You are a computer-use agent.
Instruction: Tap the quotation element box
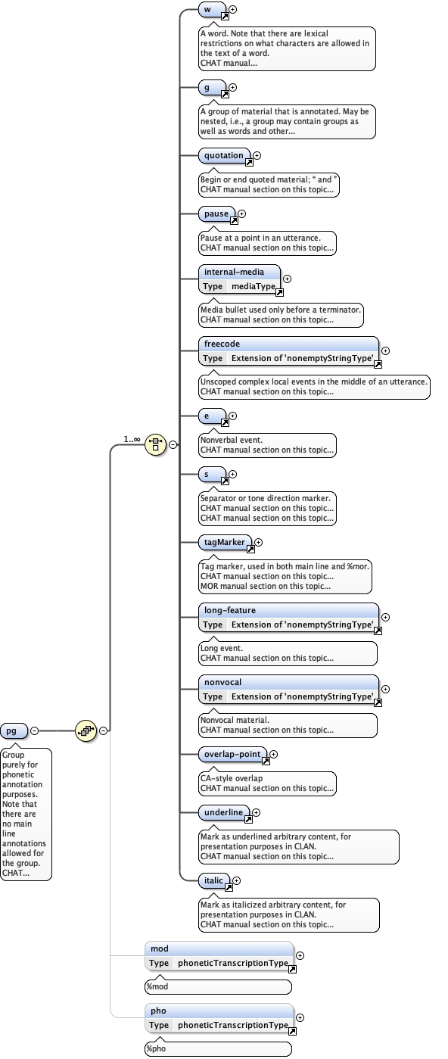tap(225, 156)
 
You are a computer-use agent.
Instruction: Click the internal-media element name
tap(234, 272)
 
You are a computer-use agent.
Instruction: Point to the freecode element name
tap(222, 344)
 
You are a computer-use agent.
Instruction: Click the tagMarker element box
tap(225, 542)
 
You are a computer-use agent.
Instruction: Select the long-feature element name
tap(229, 610)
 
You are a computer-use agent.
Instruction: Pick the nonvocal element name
tap(222, 682)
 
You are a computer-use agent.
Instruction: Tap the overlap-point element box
tap(232, 754)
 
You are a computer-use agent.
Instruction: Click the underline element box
tap(224, 812)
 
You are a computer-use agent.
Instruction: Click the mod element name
tap(160, 948)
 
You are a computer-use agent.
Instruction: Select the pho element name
tap(159, 1011)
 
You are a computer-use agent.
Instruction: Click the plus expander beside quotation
tap(257, 155)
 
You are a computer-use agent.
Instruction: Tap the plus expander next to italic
tap(237, 880)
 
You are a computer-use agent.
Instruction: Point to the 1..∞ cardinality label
tap(132, 439)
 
